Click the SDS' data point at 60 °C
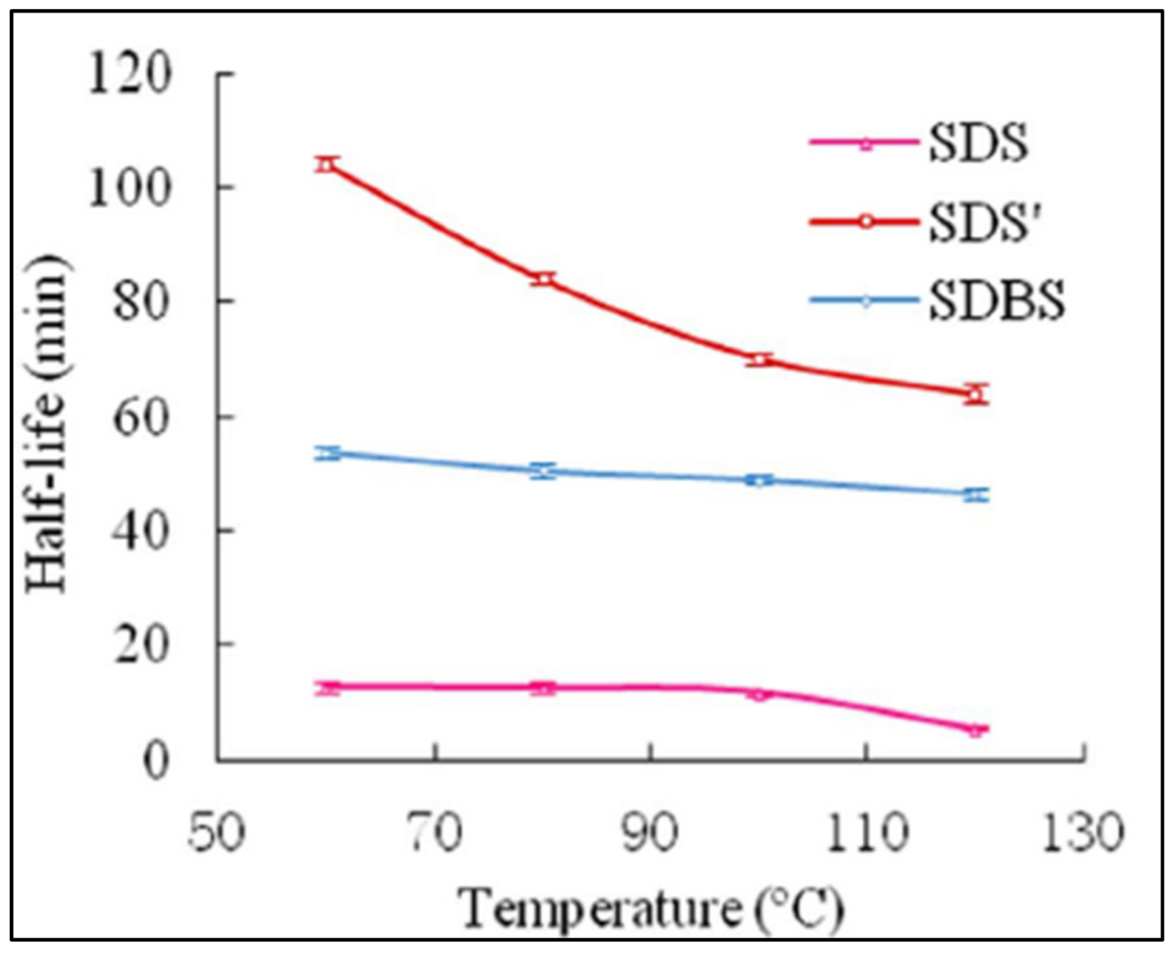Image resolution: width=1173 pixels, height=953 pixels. (326, 165)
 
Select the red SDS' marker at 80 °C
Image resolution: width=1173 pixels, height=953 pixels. (543, 278)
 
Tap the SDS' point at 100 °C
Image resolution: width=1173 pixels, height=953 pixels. (760, 360)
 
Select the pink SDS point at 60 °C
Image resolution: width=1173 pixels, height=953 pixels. (328, 687)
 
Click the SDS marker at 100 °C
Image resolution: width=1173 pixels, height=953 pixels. (760, 693)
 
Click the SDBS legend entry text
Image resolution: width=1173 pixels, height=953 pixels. (996, 300)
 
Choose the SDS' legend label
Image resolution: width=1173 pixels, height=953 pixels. (985, 222)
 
